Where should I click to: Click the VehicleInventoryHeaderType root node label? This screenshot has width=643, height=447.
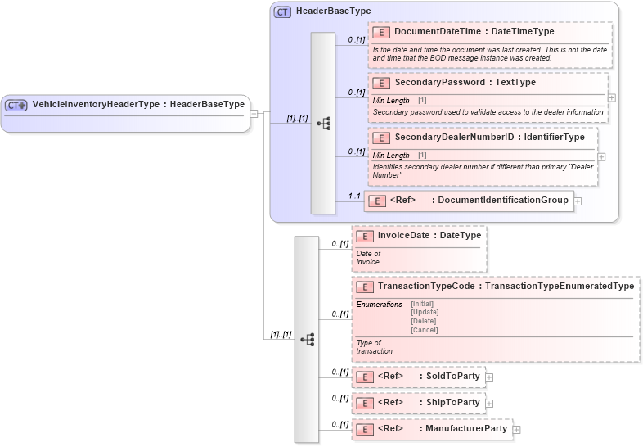[x=137, y=105]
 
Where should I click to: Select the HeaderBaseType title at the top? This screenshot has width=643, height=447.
[x=333, y=11]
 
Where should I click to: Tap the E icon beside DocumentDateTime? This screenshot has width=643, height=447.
[x=380, y=32]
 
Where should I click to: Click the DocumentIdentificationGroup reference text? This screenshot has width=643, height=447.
[x=503, y=200]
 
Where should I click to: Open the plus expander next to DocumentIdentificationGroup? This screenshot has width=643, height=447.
[x=578, y=201]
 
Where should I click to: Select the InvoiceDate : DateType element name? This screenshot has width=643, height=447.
[x=429, y=235]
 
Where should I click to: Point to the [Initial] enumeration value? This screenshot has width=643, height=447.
[x=422, y=304]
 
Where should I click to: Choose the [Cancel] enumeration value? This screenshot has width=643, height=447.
[x=424, y=330]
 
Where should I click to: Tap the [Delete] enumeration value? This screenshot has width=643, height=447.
[x=424, y=321]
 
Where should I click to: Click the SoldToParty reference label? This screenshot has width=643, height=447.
[x=452, y=376]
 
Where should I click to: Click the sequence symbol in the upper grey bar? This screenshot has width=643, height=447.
[x=323, y=124]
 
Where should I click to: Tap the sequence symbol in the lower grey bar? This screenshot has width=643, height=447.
[x=307, y=339]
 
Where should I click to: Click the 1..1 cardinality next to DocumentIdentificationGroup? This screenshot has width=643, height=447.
[x=354, y=196]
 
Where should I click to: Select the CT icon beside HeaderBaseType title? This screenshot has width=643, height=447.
[x=282, y=11]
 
